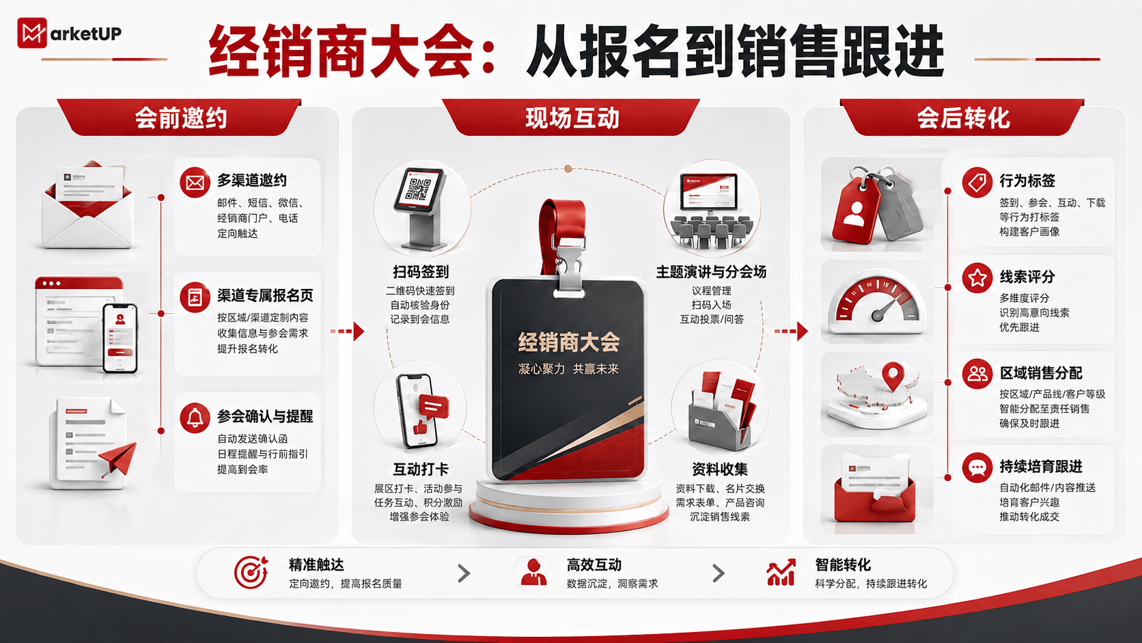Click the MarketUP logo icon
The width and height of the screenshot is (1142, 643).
(32, 33)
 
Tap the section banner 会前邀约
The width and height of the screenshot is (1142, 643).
(180, 118)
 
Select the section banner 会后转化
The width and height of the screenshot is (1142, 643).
(962, 118)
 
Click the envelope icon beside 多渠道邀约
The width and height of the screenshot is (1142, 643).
(195, 182)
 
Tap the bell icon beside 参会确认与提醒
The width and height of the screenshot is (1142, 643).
(195, 418)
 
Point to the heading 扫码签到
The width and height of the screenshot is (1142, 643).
(421, 272)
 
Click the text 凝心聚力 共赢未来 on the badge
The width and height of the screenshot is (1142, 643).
(568, 369)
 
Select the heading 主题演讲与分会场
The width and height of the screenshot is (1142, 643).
(711, 272)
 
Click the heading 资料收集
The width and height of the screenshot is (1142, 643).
(719, 469)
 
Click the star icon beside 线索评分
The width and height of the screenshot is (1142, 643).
(977, 278)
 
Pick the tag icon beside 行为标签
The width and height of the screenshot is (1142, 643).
(977, 182)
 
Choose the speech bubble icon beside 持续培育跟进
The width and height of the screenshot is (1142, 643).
(977, 467)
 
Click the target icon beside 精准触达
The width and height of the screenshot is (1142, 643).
(251, 572)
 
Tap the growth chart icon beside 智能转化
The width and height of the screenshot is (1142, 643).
(781, 572)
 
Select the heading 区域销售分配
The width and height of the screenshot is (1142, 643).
(1040, 373)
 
